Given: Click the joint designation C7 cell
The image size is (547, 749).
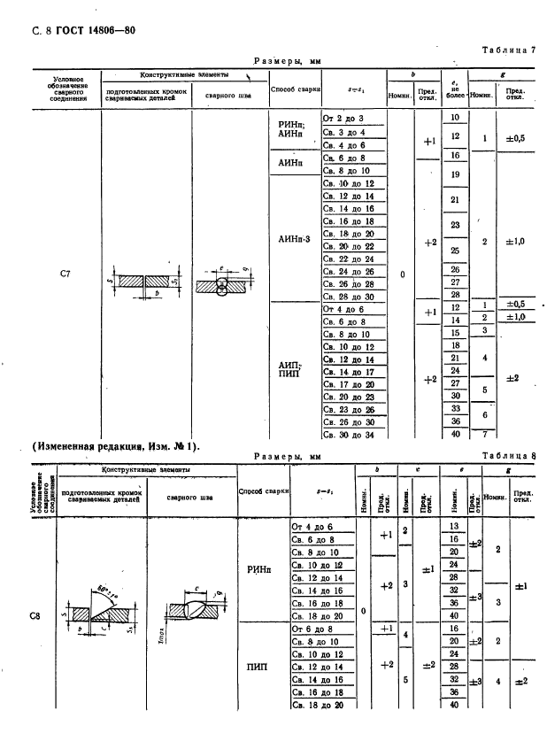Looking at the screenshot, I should (x=65, y=274).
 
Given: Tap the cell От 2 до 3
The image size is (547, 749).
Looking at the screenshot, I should (x=343, y=118).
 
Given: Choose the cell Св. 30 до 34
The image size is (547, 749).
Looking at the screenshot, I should (x=348, y=435).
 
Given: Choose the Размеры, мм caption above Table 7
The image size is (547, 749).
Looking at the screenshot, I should (x=287, y=61).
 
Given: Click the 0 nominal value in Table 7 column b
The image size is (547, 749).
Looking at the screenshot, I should (x=402, y=274).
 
